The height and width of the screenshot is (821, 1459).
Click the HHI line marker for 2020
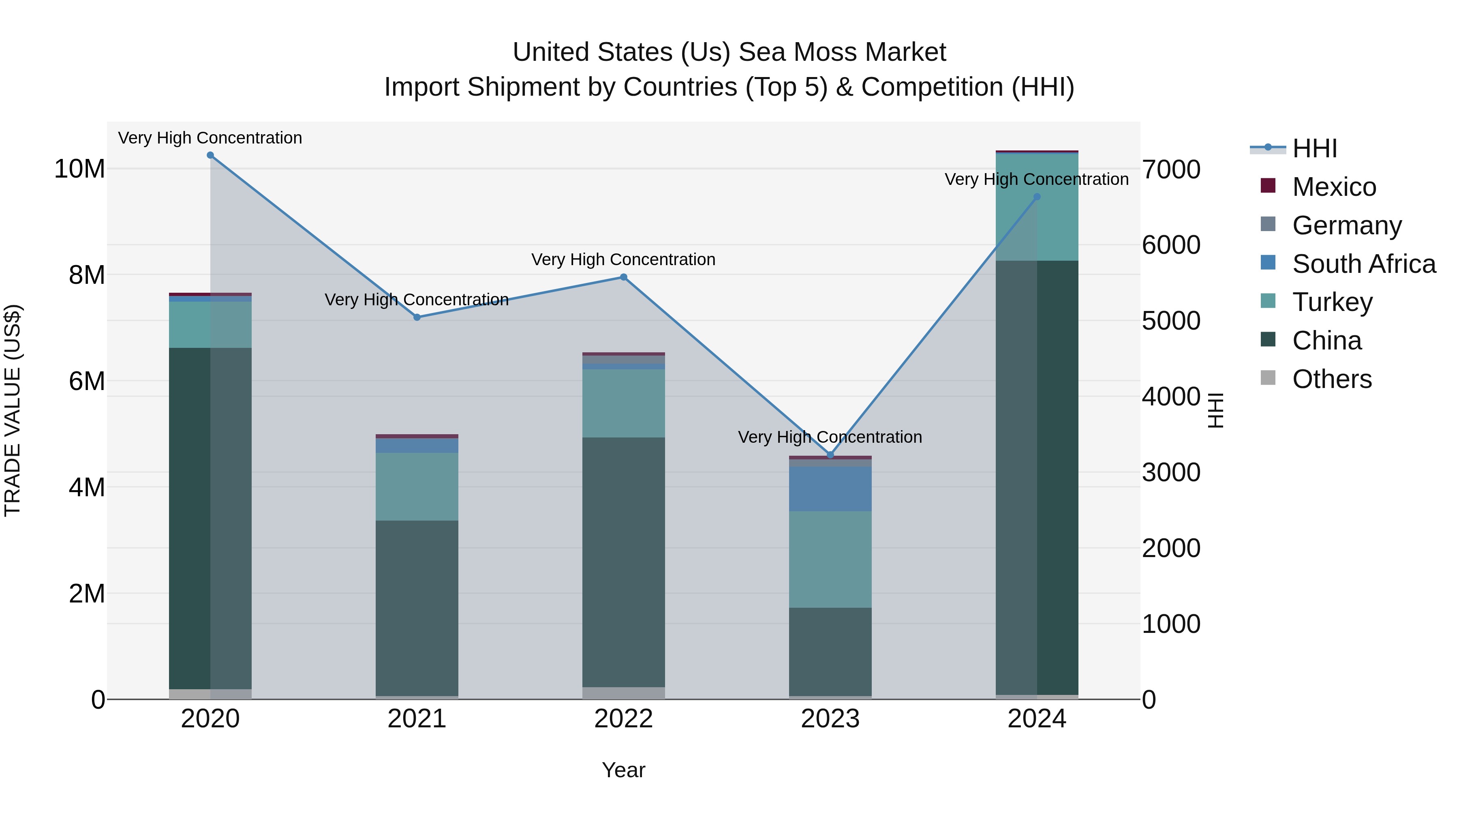pos(210,155)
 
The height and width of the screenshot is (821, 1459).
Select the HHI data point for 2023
pos(830,455)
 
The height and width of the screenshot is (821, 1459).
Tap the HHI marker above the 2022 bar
pos(624,277)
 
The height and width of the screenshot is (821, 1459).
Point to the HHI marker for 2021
pos(417,317)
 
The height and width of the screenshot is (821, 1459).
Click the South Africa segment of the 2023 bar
pos(830,489)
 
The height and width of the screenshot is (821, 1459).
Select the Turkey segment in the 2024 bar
pos(1037,207)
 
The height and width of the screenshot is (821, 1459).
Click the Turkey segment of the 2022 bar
pos(624,403)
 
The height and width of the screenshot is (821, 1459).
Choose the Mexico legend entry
pos(1334,187)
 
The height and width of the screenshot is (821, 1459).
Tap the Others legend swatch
pos(1268,378)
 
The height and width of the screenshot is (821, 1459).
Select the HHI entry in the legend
pos(1314,148)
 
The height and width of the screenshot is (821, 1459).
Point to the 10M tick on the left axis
pos(79,169)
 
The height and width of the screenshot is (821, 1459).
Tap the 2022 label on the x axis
pos(624,719)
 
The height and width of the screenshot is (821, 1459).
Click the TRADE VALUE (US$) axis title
pos(13,410)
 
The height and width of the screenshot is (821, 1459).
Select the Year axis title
pos(624,770)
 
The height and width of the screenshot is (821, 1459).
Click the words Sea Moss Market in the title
pos(842,52)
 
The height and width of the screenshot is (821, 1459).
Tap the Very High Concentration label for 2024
pos(1036,179)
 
